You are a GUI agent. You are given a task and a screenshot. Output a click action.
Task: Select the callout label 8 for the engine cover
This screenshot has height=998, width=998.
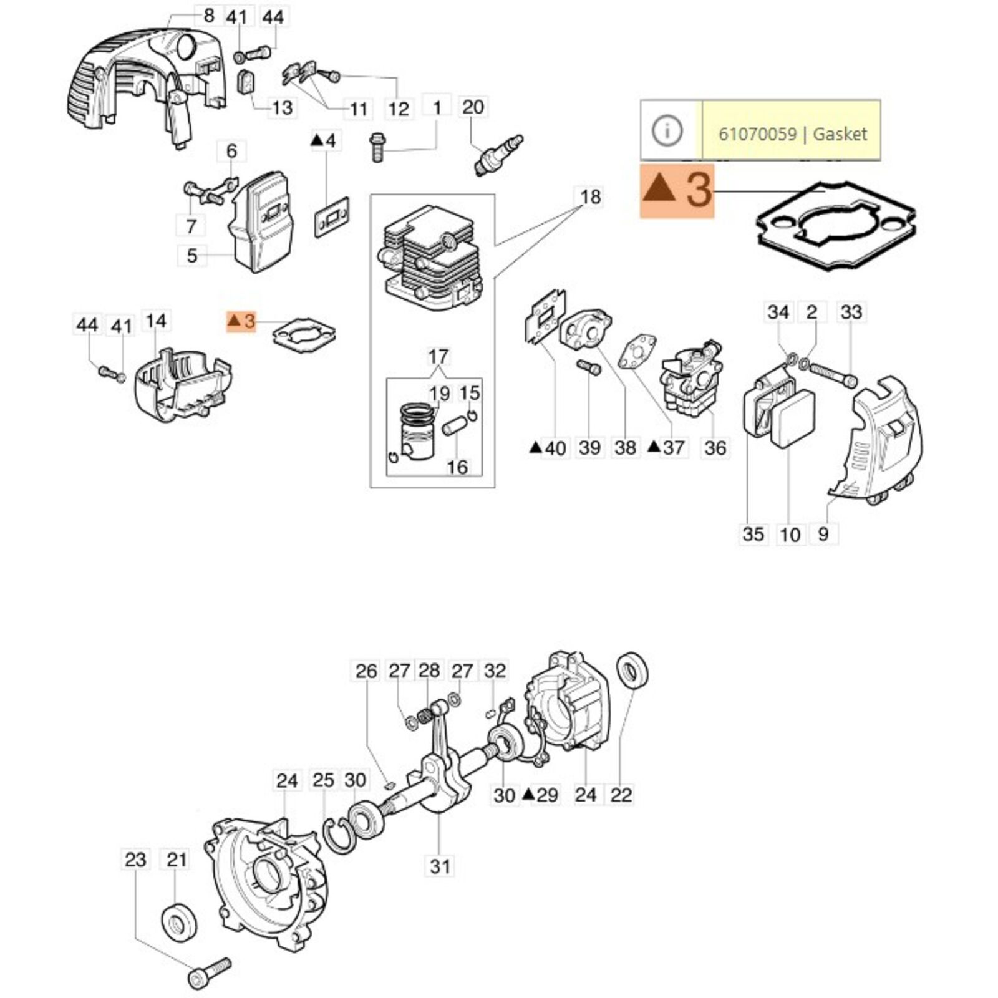coord(208,15)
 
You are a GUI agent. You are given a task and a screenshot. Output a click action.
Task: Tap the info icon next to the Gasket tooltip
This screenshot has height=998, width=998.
coord(667,131)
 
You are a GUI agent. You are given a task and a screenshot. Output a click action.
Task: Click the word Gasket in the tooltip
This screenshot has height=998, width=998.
coord(840,134)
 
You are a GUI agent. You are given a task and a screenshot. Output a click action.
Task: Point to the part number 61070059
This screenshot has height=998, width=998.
coord(757,134)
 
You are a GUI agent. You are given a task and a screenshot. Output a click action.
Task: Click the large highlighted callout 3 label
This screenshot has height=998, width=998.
coord(677,190)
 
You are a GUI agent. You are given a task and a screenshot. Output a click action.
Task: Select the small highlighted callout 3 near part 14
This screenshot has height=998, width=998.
coord(241,322)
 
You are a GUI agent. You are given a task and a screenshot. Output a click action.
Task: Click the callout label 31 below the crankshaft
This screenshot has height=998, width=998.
coord(440,866)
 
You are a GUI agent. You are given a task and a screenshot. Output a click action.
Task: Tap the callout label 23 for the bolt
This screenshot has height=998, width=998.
coord(135,860)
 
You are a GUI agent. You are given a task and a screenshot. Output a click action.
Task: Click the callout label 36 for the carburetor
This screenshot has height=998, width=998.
coord(715,447)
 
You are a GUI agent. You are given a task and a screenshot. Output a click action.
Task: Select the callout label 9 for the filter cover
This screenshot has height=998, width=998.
coord(823,534)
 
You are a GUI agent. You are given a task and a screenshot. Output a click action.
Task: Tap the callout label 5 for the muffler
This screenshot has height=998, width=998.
coord(192,255)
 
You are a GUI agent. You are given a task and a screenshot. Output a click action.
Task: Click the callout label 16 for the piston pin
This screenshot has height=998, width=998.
coord(457,467)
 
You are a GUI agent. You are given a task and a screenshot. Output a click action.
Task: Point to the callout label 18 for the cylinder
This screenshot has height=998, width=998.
coord(590,197)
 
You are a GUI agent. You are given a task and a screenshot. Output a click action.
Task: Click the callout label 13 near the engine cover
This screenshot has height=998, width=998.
coord(282,108)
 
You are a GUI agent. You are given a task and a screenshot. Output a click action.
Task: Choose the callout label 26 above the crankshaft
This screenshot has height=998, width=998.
coord(366,671)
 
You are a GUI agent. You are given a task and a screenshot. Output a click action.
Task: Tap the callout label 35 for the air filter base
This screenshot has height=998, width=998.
coord(753,534)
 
